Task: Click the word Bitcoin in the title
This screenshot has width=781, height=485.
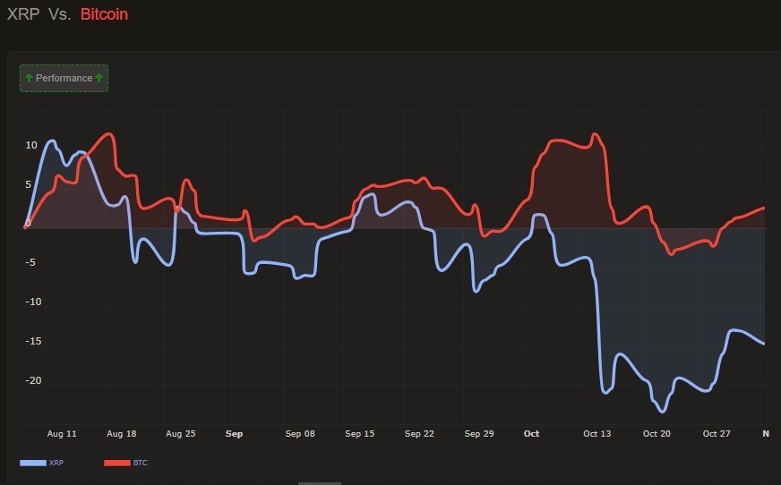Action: pos(104,14)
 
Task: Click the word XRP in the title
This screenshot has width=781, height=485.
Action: pos(23,14)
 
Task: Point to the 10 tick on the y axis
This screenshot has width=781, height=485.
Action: pos(31,145)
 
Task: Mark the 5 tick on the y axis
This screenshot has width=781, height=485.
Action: pos(28,185)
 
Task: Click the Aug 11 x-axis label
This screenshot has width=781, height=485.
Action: pos(62,434)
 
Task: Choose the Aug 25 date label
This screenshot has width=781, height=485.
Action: pos(181,434)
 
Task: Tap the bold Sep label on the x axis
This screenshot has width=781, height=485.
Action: pos(234,434)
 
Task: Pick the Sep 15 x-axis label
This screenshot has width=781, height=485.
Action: pos(360,434)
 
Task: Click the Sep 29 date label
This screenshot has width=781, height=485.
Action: pos(479,434)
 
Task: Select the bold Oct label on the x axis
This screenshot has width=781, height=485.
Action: pos(531,434)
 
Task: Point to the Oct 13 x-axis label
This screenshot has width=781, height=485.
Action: pos(597,434)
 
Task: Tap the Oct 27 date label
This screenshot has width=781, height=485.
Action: pos(717,434)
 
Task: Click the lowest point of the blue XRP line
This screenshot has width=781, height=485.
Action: pos(663,412)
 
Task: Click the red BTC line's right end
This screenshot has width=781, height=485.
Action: pos(764,208)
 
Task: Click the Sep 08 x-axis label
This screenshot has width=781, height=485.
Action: pos(301,434)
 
